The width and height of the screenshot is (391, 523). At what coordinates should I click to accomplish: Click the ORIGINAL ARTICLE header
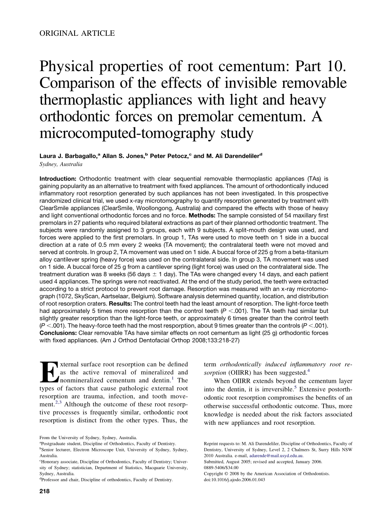point(77,33)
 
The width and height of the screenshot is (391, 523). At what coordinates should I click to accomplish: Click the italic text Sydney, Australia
point(61,164)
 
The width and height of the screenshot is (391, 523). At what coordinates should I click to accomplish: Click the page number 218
point(44,491)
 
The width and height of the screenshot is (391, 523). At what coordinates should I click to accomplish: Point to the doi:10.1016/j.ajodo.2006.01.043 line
point(235,479)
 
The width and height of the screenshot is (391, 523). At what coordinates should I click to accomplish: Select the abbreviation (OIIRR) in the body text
point(217,373)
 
